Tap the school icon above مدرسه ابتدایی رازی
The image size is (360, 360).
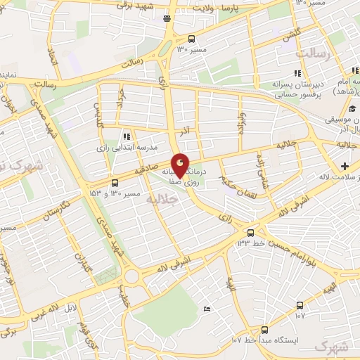tap(126, 136)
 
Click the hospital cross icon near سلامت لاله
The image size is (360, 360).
tap(345, 166)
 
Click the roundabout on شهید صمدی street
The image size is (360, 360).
tap(131, 275)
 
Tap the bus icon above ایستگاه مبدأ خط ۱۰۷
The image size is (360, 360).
tap(265, 329)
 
